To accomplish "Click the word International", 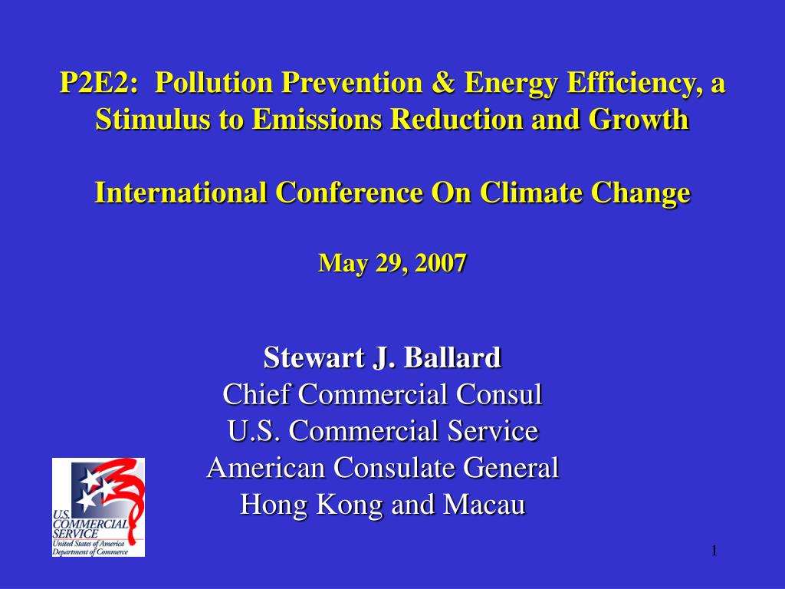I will pos(181,192).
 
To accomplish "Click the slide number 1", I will pos(714,551).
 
